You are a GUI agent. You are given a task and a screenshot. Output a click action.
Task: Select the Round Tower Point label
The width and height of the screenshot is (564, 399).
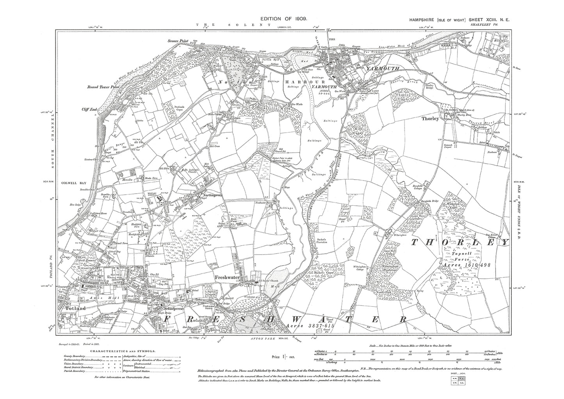coord(100,87)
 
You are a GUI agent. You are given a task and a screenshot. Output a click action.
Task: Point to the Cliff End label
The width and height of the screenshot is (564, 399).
coord(89,110)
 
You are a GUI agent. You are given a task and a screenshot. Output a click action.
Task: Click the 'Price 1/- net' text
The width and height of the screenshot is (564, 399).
coord(285,356)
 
